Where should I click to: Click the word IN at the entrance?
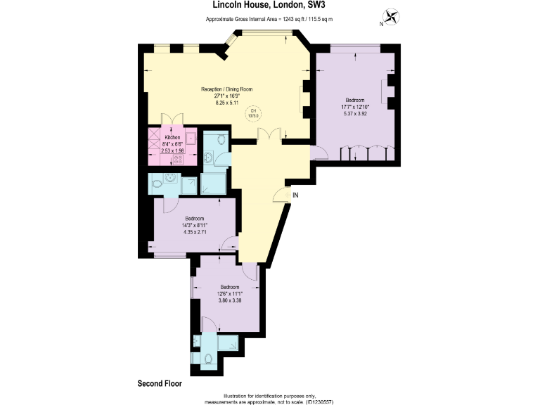[x=295, y=195]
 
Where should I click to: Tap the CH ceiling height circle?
[x=254, y=112]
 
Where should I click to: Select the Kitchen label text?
[x=173, y=137]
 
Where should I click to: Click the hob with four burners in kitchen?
[x=179, y=158]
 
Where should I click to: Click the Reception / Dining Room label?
[x=226, y=89]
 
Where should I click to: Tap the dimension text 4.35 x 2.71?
[x=194, y=232]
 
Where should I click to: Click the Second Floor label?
[x=159, y=384]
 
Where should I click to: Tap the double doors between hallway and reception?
[x=269, y=135]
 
